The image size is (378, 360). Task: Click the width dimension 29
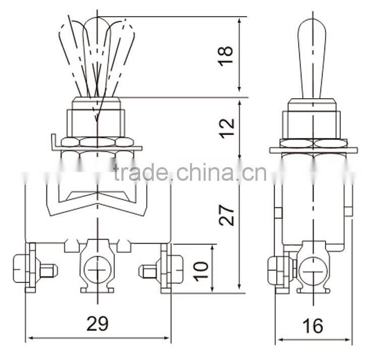(97, 324)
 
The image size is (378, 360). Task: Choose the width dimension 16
(313, 326)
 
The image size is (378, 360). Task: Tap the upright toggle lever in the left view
(96, 55)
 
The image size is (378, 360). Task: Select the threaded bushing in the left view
(96, 118)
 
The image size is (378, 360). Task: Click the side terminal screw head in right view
(275, 269)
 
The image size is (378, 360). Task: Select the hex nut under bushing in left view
(97, 142)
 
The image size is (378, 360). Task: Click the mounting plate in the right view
(313, 150)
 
